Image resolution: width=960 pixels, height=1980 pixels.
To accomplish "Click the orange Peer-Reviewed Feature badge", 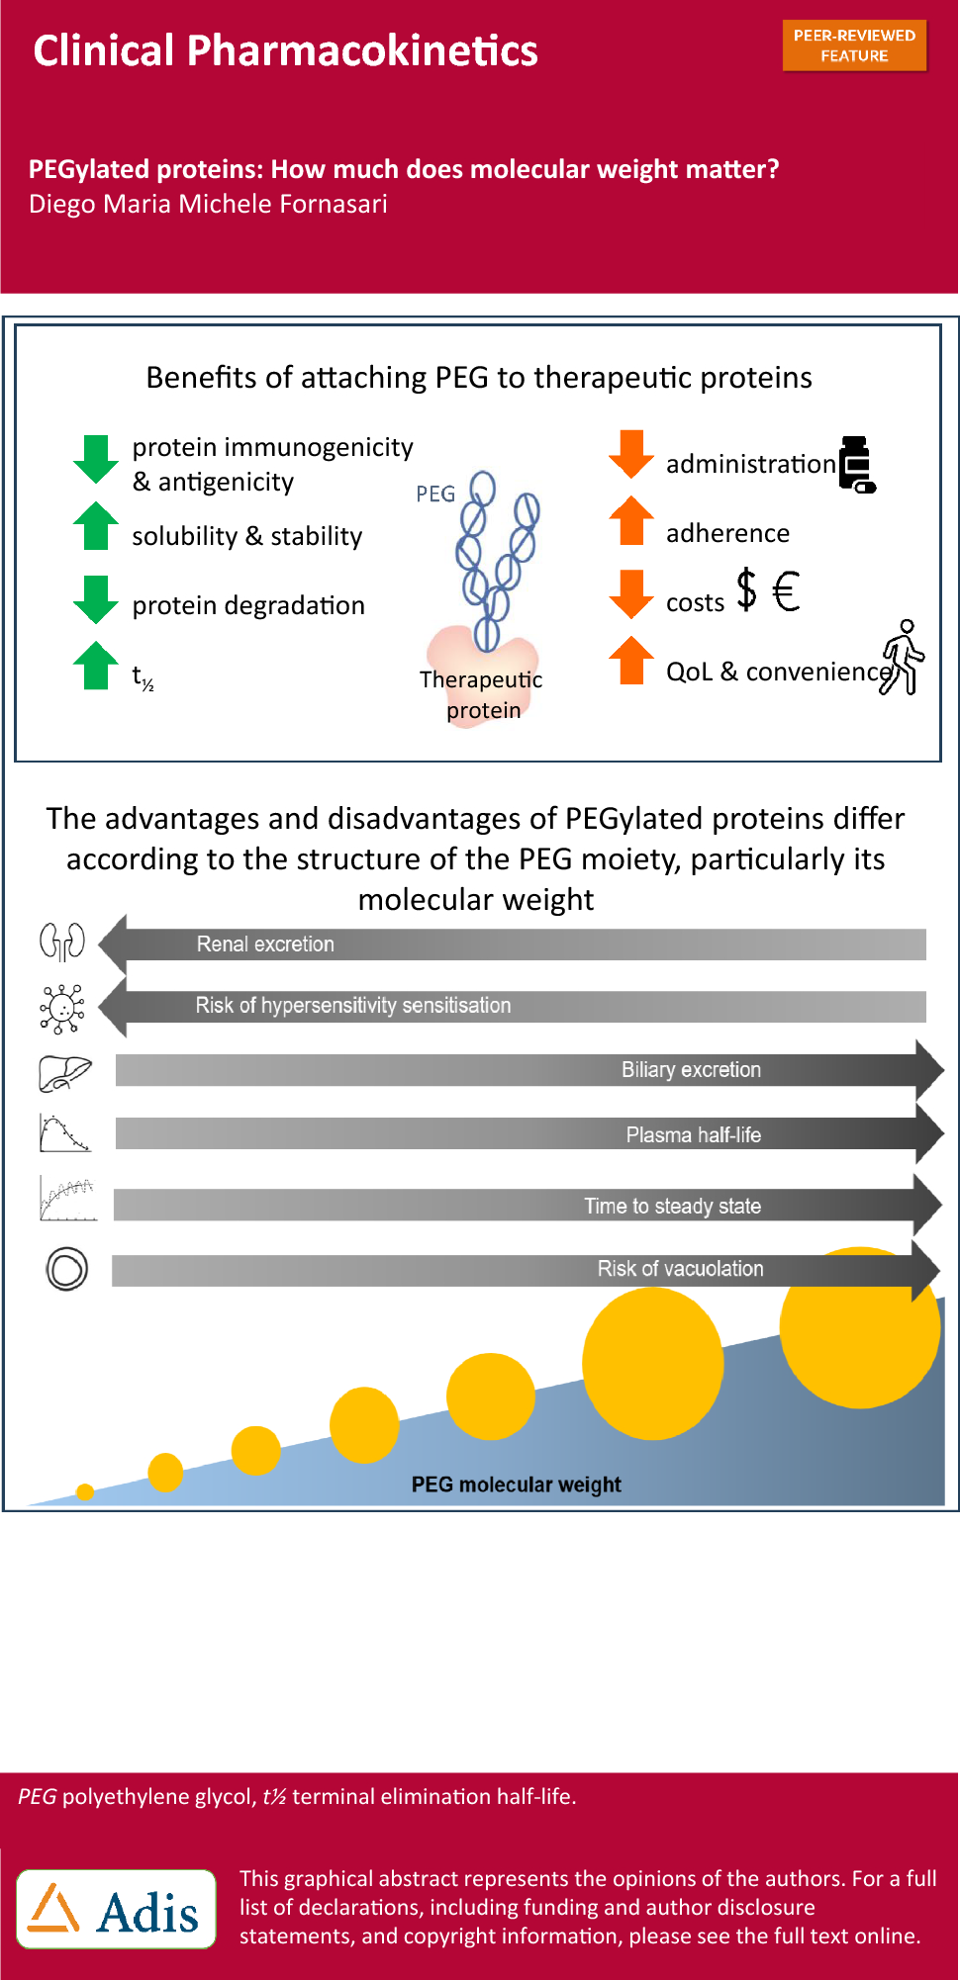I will pos(854,45).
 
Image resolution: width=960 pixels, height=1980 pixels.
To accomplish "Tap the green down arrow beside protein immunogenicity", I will pos(95,459).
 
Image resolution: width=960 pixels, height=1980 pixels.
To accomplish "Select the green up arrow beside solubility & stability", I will pos(95,525).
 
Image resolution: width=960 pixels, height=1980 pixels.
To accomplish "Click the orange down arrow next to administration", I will pos(630,454).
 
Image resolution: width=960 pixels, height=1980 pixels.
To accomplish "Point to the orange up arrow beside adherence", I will pos(630,520).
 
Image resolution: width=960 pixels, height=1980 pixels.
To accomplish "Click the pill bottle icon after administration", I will pos(857,464).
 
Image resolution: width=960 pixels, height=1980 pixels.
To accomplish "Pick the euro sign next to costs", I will pos(786,591).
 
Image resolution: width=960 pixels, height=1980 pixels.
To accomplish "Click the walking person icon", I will pos(903,658).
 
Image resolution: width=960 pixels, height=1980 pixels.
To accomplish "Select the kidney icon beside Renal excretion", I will pos(61,942).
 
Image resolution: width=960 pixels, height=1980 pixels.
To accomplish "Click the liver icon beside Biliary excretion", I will pos(64,1073).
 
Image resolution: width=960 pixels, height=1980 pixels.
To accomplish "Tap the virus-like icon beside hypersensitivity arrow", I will pos(62,1008).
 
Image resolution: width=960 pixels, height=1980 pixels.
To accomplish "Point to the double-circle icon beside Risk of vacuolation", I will pos(66,1268).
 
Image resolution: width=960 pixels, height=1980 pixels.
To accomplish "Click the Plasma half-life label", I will pos(693,1134).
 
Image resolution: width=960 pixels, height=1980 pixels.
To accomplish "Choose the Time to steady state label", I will pos(672,1206).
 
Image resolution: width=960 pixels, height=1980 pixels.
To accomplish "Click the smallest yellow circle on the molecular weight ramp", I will pos(85,1492).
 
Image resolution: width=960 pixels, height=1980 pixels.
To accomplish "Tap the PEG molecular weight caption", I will pos(516,1485).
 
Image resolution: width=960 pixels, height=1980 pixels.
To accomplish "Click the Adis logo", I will pos(116,1909).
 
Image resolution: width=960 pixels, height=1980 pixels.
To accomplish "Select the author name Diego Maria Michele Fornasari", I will pos(208,204).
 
